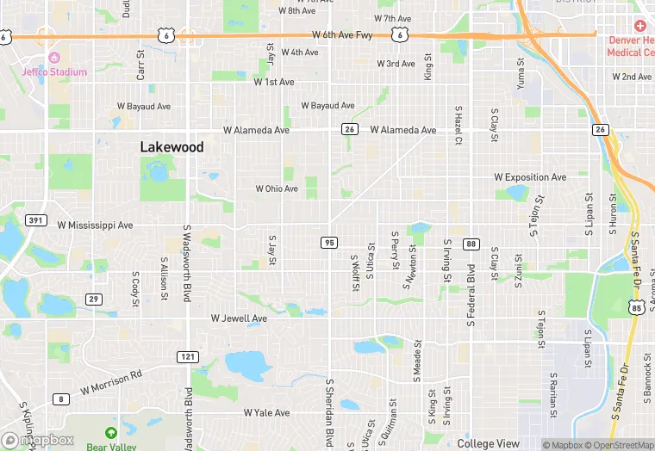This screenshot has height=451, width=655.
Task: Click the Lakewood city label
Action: click(172, 147)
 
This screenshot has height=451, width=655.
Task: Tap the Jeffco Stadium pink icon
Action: click(53, 57)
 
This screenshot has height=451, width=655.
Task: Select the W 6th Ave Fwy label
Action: click(342, 35)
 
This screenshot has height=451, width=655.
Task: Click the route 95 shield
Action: click(329, 243)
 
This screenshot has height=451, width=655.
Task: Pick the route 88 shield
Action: click(471, 244)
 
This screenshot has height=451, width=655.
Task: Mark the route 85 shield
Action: click(636, 307)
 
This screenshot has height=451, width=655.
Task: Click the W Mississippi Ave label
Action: click(95, 225)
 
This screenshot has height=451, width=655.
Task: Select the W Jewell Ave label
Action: click(239, 318)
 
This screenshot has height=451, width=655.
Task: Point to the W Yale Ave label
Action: click(266, 413)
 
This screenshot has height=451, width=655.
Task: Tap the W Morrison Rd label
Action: click(111, 383)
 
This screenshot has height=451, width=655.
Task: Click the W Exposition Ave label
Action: click(530, 177)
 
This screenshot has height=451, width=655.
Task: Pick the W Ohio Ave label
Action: click(277, 188)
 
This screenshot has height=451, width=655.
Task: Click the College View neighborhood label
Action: click(489, 443)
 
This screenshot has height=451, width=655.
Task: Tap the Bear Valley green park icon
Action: click(110, 432)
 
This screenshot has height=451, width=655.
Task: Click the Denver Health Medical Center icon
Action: click(639, 27)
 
